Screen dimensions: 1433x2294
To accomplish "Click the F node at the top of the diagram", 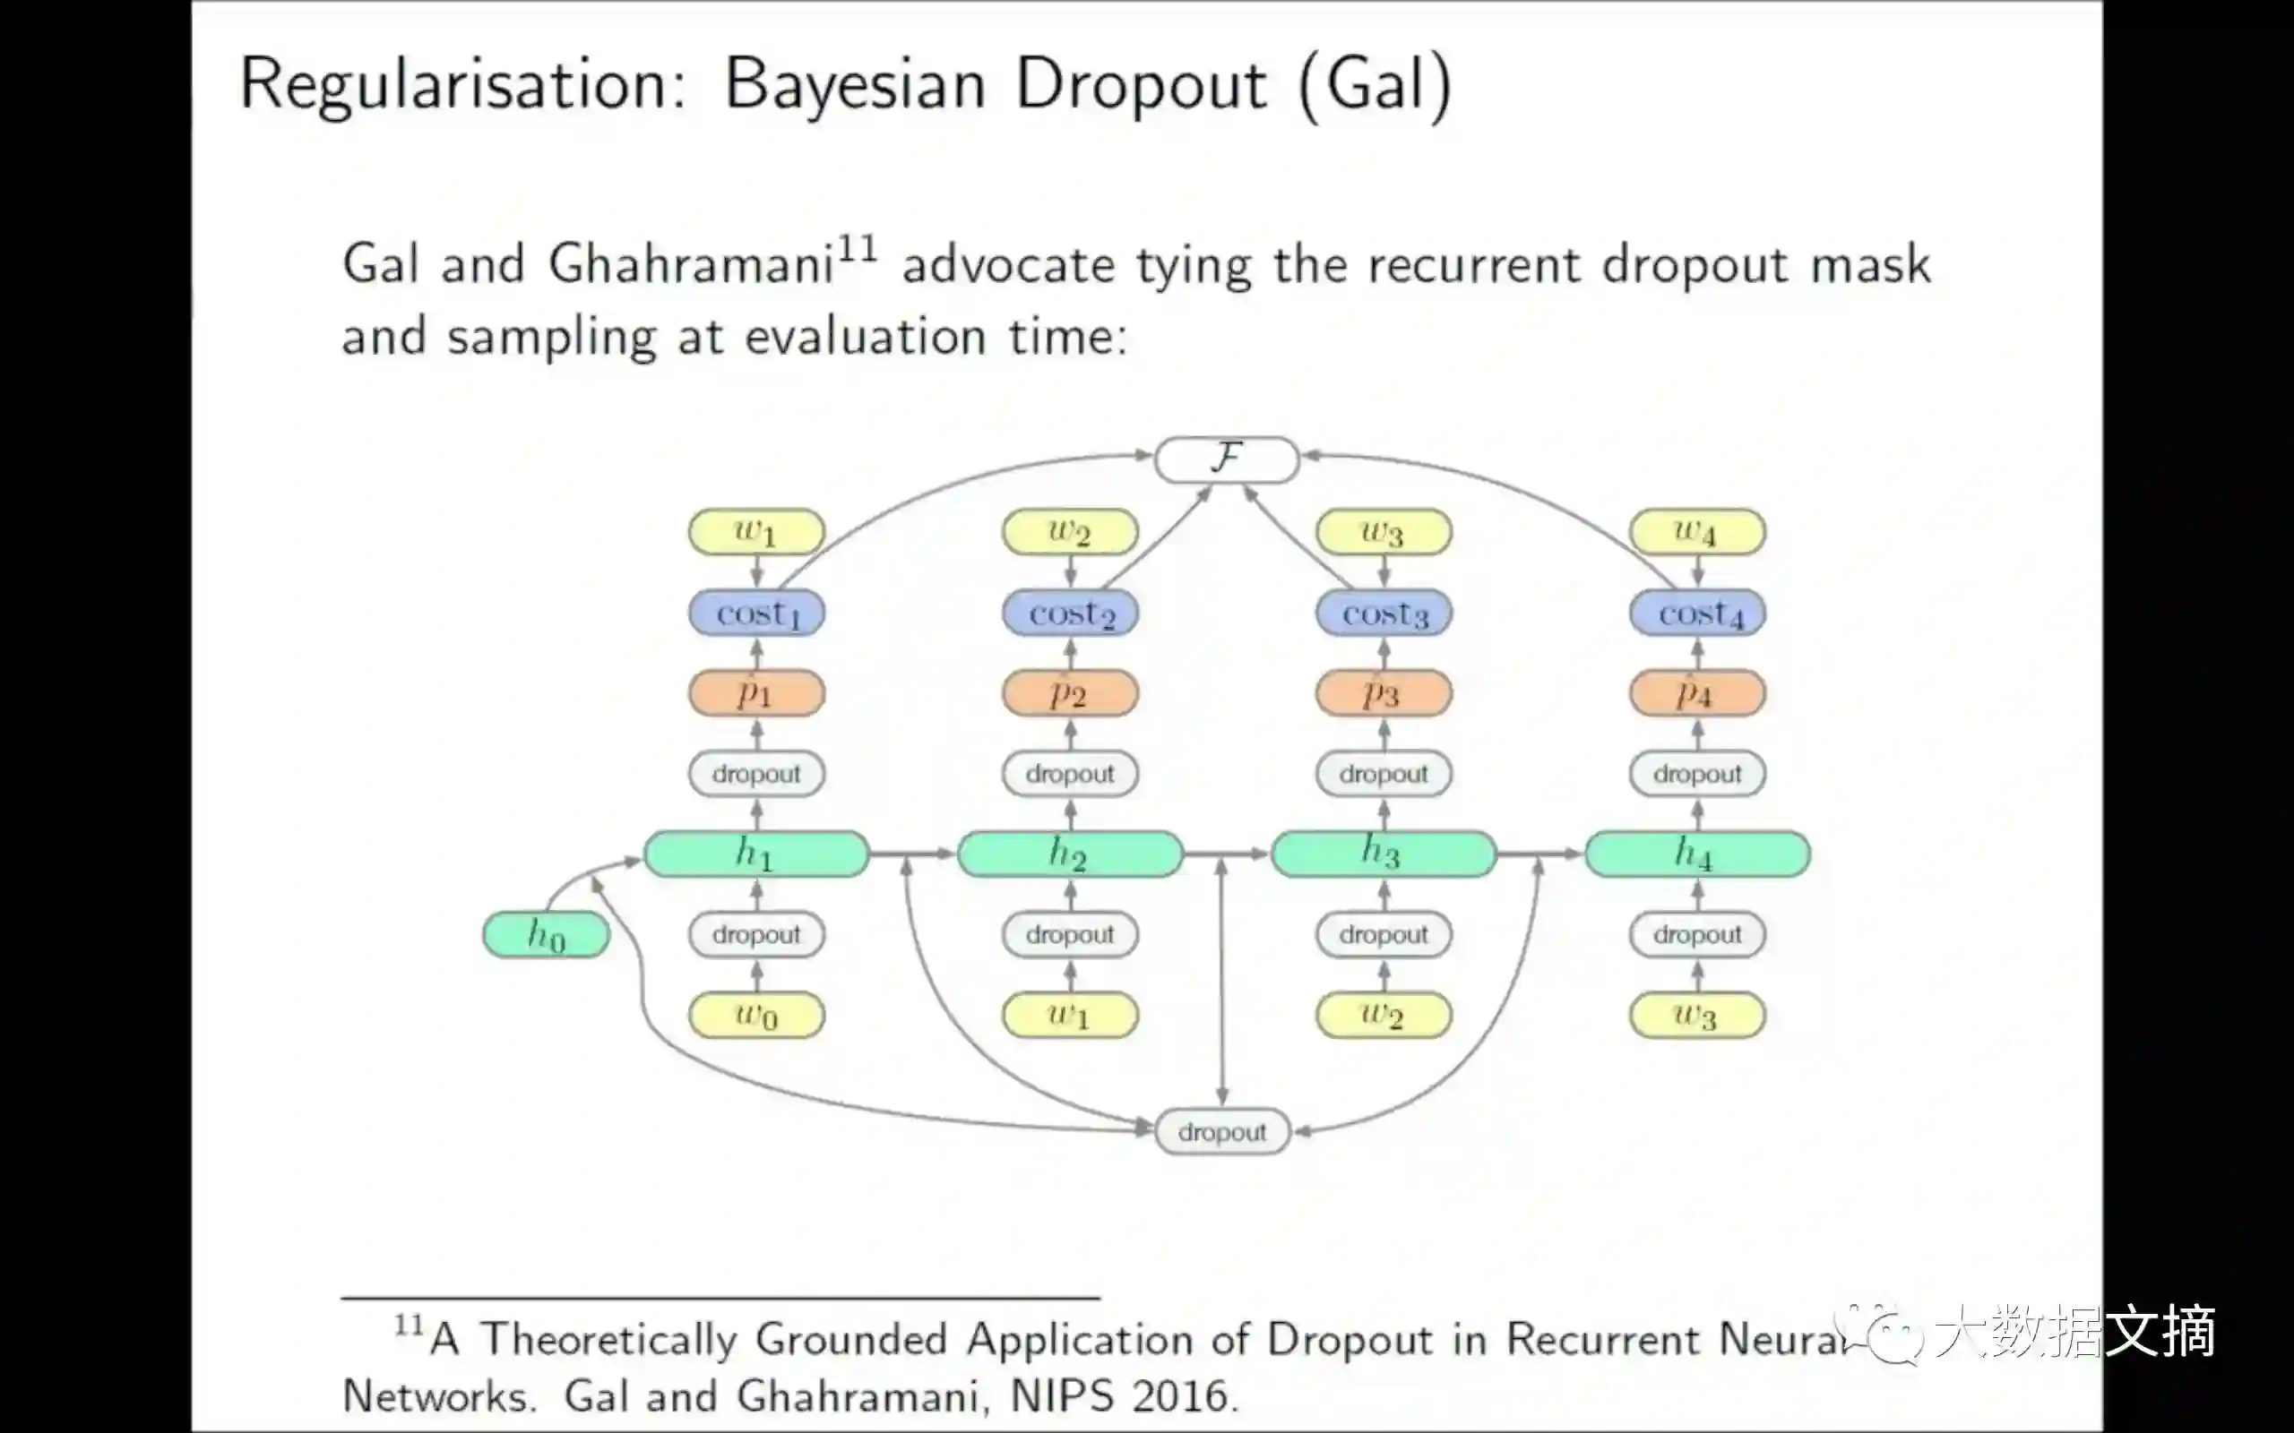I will (1226, 459).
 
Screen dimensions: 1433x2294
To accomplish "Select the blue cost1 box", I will (756, 614).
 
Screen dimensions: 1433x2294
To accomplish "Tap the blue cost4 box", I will (1698, 614).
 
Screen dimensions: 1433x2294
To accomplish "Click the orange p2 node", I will (1070, 694).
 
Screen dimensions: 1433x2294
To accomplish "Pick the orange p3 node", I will (1384, 694).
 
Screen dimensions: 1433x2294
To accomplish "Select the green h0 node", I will (546, 934).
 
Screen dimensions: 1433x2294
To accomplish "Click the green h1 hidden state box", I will (756, 854).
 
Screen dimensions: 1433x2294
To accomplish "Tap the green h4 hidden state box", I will (1698, 854).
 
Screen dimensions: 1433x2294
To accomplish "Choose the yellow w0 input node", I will (756, 1015).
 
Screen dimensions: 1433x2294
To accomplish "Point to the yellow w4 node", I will (1698, 532).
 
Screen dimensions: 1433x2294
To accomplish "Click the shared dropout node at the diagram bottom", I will (1222, 1131).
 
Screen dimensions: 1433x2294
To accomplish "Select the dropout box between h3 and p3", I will (1384, 773).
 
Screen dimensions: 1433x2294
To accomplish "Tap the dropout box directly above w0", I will (756, 934).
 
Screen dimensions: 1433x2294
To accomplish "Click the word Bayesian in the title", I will (855, 85).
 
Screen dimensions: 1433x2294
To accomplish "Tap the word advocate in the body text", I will (1007, 264).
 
